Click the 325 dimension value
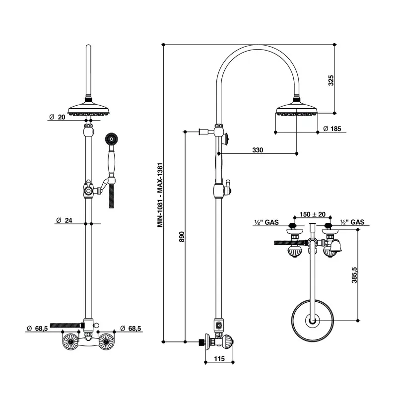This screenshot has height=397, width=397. pyautogui.click(x=331, y=80)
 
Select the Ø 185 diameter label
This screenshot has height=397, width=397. pyautogui.click(x=332, y=129)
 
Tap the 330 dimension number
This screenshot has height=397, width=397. pyautogui.click(x=258, y=150)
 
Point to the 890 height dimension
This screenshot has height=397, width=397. pyautogui.click(x=182, y=237)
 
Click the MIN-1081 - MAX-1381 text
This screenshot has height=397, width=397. pyautogui.click(x=160, y=195)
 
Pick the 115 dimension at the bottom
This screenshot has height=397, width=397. pyautogui.click(x=219, y=359)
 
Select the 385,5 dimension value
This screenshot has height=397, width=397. pyautogui.click(x=354, y=275)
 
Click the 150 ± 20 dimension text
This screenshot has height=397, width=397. pyautogui.click(x=313, y=214)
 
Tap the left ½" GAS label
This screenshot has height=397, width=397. pyautogui.click(x=266, y=222)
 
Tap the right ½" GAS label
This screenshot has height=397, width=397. pyautogui.click(x=352, y=222)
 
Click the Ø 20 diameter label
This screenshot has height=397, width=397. pyautogui.click(x=57, y=117)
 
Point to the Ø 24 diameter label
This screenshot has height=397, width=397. pyautogui.click(x=64, y=220)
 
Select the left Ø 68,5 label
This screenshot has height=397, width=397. pyautogui.click(x=37, y=329)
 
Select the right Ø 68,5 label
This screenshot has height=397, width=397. pyautogui.click(x=131, y=329)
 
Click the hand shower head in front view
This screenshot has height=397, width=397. pyautogui.click(x=111, y=139)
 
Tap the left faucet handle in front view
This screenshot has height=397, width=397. pyautogui.click(x=70, y=342)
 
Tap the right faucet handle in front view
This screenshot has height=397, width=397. pyautogui.click(x=106, y=342)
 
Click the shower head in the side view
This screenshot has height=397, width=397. pyautogui.click(x=296, y=109)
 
